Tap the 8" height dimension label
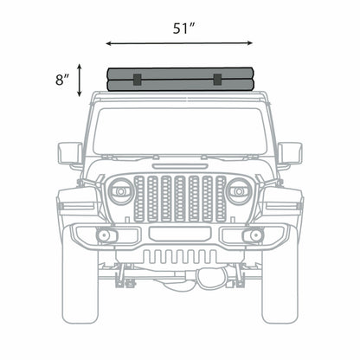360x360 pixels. click(61, 80)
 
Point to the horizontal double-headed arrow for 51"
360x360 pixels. click(180, 42)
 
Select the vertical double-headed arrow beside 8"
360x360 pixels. click(80, 80)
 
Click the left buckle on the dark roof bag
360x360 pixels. click(137, 80)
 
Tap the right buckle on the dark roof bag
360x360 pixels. click(217, 80)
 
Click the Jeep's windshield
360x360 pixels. click(180, 130)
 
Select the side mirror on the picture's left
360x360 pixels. click(70, 154)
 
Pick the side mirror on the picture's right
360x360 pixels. click(290, 154)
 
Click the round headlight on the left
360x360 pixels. click(121, 191)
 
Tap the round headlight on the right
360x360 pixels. click(239, 191)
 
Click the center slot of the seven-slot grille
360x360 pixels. click(180, 197)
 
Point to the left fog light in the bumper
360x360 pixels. click(106, 236)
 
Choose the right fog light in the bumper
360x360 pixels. click(254, 236)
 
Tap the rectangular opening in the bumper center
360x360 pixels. click(180, 234)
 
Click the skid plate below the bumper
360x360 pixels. click(180, 257)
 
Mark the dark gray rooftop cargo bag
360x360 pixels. click(180, 80)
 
